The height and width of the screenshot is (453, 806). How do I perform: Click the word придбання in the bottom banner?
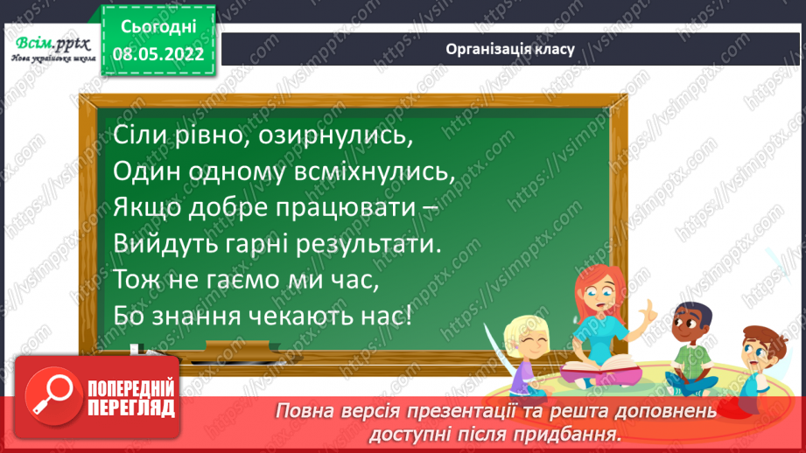pos(572,432)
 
